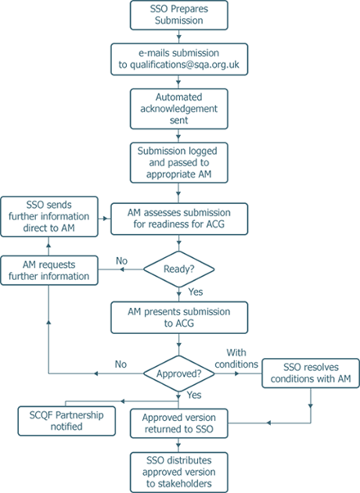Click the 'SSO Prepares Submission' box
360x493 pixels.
pos(179,15)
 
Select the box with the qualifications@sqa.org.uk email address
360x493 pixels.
pos(179,60)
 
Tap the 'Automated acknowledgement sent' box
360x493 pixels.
pos(179,109)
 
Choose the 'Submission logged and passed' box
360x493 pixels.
pos(179,162)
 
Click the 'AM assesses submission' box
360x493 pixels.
pos(179,219)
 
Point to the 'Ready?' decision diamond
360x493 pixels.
pos(179,269)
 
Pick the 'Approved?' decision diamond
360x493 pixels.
pos(179,373)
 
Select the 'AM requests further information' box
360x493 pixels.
pos(49,270)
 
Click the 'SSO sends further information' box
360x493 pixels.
pos(49,216)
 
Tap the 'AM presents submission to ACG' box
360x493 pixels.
pos(179,318)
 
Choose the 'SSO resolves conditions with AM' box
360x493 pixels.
pos(311,373)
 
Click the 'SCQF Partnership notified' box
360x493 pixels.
pos(66,421)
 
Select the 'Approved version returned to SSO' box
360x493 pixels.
pos(179,423)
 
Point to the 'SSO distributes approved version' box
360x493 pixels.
pos(179,472)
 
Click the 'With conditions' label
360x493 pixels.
pos(236,358)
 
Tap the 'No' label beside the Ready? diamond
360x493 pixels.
pos(122,260)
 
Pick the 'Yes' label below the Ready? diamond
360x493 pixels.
pos(196,292)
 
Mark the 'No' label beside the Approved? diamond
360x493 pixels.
pos(120,364)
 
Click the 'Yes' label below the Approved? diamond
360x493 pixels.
pos(194,395)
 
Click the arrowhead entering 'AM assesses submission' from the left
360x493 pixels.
pos(106,218)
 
